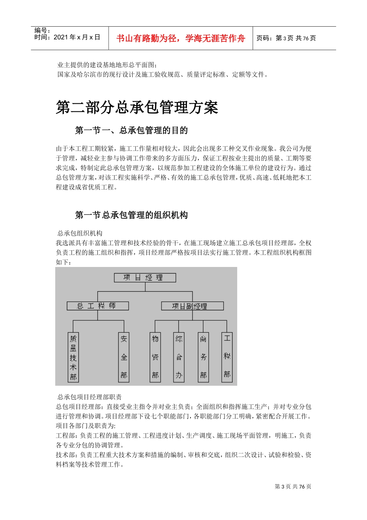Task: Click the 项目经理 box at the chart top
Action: click(145, 277)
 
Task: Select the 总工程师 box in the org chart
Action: click(97, 306)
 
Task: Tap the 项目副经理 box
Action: click(192, 306)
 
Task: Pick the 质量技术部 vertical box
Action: click(73, 357)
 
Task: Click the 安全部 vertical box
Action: click(124, 357)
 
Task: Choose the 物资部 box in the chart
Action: click(155, 357)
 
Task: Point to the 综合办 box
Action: click(179, 357)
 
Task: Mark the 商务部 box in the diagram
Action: click(203, 357)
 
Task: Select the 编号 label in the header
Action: click(42, 31)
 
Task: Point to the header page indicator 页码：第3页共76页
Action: click(286, 38)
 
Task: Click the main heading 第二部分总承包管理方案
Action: click(137, 107)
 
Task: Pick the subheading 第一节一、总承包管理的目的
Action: click(131, 130)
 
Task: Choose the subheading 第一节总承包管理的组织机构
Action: click(131, 215)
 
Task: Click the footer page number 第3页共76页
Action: click(293, 486)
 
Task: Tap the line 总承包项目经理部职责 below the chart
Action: click(90, 397)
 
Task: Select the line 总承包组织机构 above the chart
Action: click(80, 233)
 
